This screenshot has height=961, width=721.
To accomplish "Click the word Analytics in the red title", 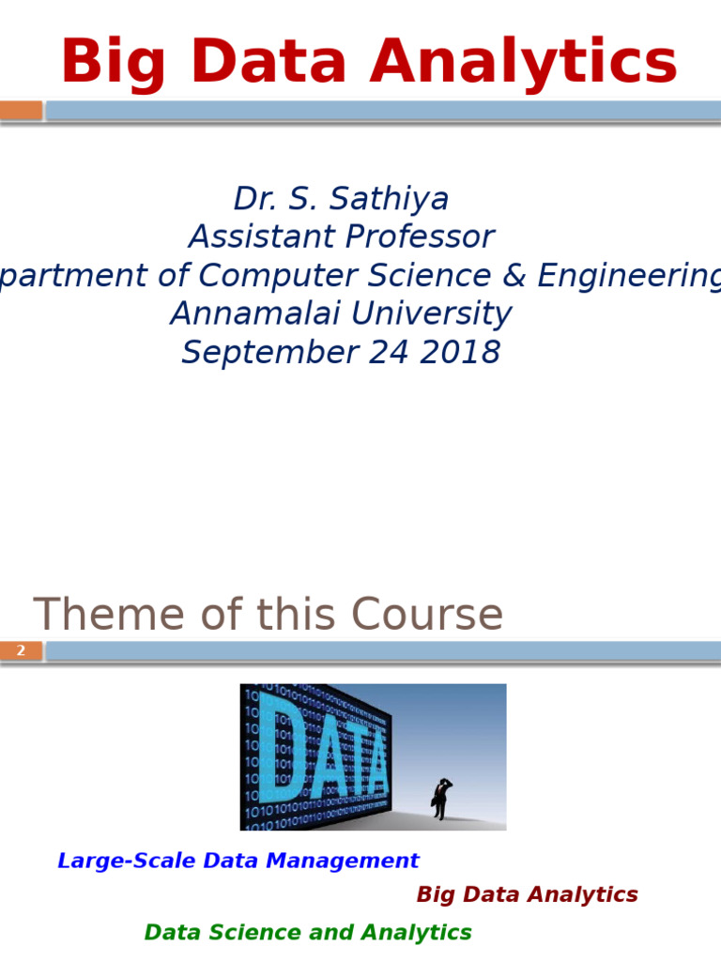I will pyautogui.click(x=523, y=63).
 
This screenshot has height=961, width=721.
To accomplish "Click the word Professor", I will pyautogui.click(x=419, y=236).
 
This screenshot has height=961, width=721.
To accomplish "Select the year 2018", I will pyautogui.click(x=462, y=353).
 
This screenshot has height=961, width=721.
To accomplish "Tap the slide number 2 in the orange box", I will pyautogui.click(x=21, y=650).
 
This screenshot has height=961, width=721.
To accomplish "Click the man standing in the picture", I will pyautogui.click(x=440, y=799).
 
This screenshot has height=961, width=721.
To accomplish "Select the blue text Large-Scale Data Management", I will pyautogui.click(x=238, y=861).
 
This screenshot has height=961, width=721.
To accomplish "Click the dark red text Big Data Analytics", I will pyautogui.click(x=527, y=894).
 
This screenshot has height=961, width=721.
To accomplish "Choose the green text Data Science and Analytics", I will pyautogui.click(x=308, y=932).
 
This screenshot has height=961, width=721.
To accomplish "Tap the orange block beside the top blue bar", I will pyautogui.click(x=21, y=111).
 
